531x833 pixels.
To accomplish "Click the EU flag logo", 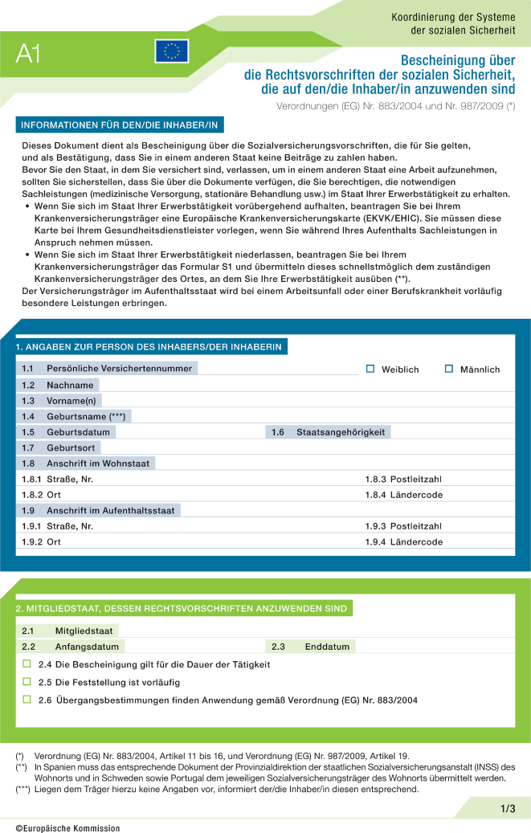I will point(171,51).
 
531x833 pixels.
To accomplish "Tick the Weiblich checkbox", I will point(370,369).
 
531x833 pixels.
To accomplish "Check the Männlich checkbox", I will point(449,369).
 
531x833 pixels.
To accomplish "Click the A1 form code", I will point(28,54).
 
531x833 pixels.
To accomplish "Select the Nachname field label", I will point(70,385).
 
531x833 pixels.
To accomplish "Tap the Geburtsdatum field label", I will point(78,432).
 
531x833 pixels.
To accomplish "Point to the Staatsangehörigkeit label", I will point(341,432).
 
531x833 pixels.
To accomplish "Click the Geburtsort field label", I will point(71,447).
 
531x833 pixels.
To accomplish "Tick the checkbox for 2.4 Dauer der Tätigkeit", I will point(27,664).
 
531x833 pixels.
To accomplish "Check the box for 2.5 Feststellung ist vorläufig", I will point(27,682).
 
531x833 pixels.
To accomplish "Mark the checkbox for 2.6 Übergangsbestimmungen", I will point(27,700).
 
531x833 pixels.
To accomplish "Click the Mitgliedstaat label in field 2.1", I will point(84,631).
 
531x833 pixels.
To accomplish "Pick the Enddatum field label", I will point(327,647).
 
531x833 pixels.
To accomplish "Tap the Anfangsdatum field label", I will point(87,647).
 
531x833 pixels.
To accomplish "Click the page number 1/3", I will point(508,808).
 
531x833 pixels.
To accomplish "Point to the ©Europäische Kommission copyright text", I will point(67,827).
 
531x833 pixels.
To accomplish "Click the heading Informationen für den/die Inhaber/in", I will point(120,125).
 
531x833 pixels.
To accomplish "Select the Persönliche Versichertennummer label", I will point(119,369).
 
